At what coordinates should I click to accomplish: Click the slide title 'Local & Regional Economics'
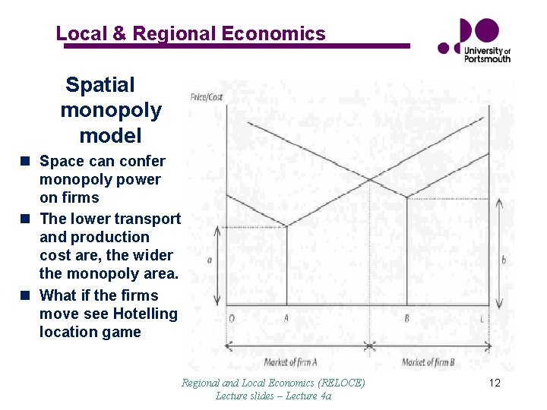point(191,33)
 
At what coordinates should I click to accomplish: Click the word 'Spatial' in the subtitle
point(100,85)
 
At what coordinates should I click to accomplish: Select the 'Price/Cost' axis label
point(207,97)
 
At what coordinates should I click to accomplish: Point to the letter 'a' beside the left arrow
point(209,260)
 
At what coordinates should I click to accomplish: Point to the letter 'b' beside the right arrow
point(504,260)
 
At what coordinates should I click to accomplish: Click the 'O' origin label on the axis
point(231,319)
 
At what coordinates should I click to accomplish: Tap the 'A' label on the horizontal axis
point(286,319)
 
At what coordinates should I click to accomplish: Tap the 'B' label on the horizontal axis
point(407,319)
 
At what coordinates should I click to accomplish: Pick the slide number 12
point(495,383)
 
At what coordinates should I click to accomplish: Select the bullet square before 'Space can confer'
point(26,161)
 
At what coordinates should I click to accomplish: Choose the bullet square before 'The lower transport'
point(26,219)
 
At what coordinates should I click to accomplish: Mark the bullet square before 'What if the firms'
point(26,295)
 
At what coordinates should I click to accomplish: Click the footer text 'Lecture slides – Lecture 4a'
point(273,396)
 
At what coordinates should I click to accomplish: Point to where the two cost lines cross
point(370,179)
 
